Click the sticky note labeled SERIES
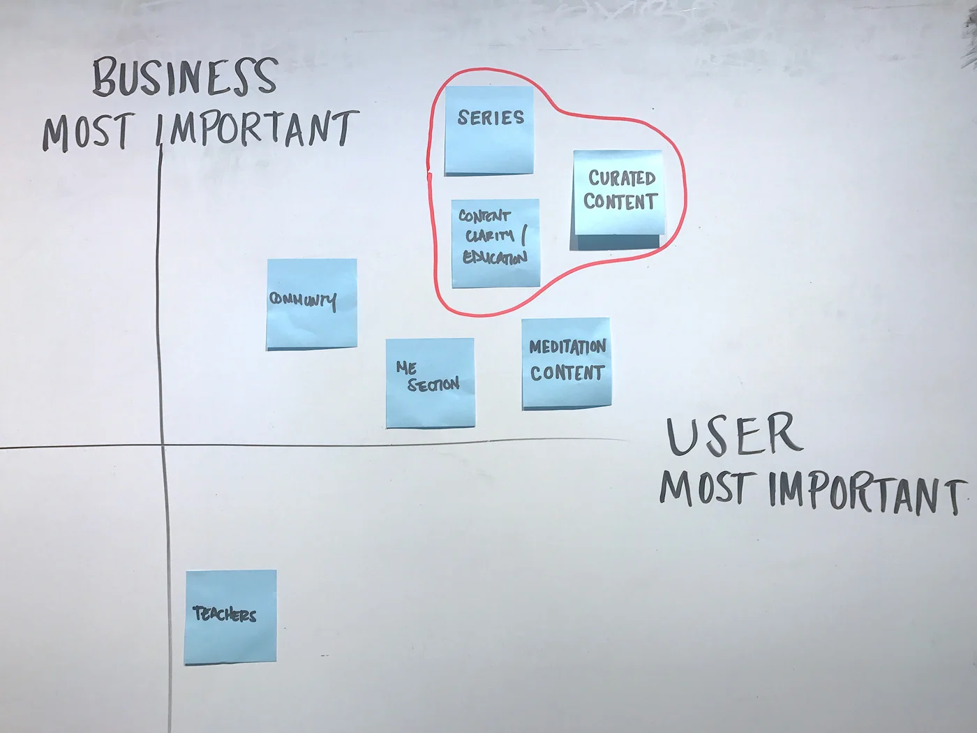coord(489,131)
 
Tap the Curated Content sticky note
coord(618,193)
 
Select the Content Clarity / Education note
coord(495,243)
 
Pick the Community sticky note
coord(311,304)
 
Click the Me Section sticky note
coord(430,383)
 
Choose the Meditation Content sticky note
coord(566,362)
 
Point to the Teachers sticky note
coord(230,616)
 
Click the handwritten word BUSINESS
coord(186,77)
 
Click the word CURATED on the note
coord(621,178)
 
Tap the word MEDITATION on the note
coord(567,346)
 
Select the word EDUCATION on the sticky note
coord(495,258)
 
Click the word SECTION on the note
coord(433,385)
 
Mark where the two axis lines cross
coord(163,445)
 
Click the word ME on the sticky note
coord(406,367)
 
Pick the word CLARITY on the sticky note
coord(490,235)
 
